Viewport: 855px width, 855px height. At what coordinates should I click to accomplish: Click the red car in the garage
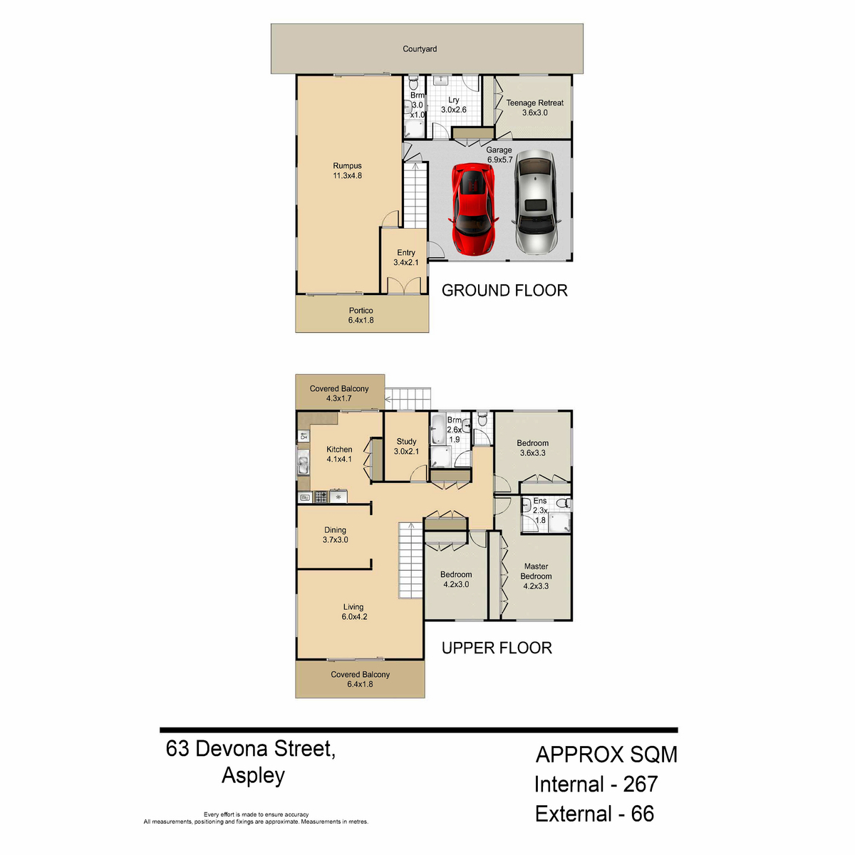[474, 209]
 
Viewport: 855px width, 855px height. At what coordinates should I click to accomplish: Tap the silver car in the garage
[535, 202]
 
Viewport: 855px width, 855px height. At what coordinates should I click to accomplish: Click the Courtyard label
[419, 49]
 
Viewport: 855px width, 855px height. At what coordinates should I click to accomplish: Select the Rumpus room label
[347, 170]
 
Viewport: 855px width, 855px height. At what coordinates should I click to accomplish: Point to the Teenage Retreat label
[534, 108]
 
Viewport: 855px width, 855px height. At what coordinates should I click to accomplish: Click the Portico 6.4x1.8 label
[361, 315]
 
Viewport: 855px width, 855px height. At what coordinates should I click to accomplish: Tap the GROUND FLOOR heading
[504, 291]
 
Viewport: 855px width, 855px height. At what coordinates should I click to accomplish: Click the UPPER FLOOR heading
[497, 648]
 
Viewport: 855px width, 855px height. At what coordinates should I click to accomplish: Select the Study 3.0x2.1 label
[406, 446]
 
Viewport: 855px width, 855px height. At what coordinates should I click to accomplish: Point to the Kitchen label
[339, 454]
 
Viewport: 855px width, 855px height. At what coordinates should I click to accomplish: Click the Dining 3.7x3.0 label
[335, 534]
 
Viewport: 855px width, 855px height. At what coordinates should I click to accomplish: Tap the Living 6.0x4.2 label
[354, 611]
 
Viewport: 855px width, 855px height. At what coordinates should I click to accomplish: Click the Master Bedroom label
[536, 576]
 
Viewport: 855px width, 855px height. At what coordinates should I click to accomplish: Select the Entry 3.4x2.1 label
[405, 257]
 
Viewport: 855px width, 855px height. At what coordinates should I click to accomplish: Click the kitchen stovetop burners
[321, 497]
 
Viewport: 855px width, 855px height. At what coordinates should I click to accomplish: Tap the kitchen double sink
[304, 462]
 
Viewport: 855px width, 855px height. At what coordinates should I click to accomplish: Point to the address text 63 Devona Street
[251, 749]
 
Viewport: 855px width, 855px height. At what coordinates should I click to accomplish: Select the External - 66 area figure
[594, 814]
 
